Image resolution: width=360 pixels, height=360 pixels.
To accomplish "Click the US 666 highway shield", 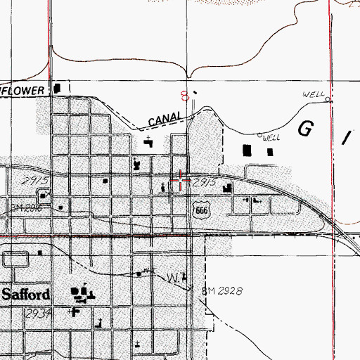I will click(x=201, y=210).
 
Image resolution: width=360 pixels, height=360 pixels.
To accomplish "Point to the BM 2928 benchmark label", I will click(x=223, y=291).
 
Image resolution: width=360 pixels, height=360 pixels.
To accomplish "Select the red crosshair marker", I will click(x=181, y=181).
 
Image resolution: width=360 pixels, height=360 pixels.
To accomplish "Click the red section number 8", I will click(x=185, y=94).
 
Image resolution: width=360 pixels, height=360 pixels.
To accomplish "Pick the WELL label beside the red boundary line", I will click(x=312, y=94).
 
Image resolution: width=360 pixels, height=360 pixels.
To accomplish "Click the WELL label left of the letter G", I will click(x=271, y=139).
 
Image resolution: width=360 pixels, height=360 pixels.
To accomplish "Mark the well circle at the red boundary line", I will click(x=328, y=101).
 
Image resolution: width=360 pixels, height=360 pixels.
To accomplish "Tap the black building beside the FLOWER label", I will click(x=58, y=89).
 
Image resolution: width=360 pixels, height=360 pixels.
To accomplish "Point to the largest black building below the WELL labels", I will click(x=247, y=150).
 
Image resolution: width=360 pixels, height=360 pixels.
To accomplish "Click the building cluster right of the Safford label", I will click(x=82, y=294).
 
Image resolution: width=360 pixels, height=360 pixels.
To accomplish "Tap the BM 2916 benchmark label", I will click(x=28, y=207).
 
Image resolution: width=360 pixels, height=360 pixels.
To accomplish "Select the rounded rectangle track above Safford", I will click(x=15, y=260).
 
